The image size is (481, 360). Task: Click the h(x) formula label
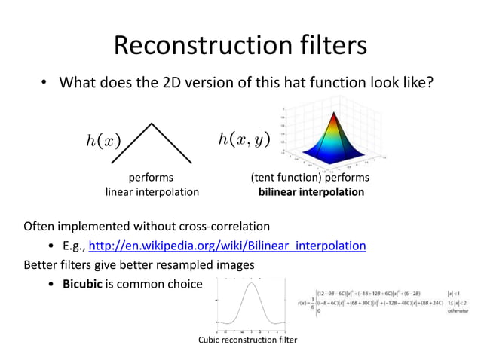tap(103, 140)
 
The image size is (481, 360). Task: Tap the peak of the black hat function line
tap(152, 123)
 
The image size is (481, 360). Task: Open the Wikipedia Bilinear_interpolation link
tap(228, 246)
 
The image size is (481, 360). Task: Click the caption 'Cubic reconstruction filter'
tap(247, 340)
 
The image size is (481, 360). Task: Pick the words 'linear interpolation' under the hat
tap(152, 192)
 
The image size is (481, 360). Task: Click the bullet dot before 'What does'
tap(45, 81)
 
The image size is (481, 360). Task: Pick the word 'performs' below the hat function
tap(151, 178)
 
